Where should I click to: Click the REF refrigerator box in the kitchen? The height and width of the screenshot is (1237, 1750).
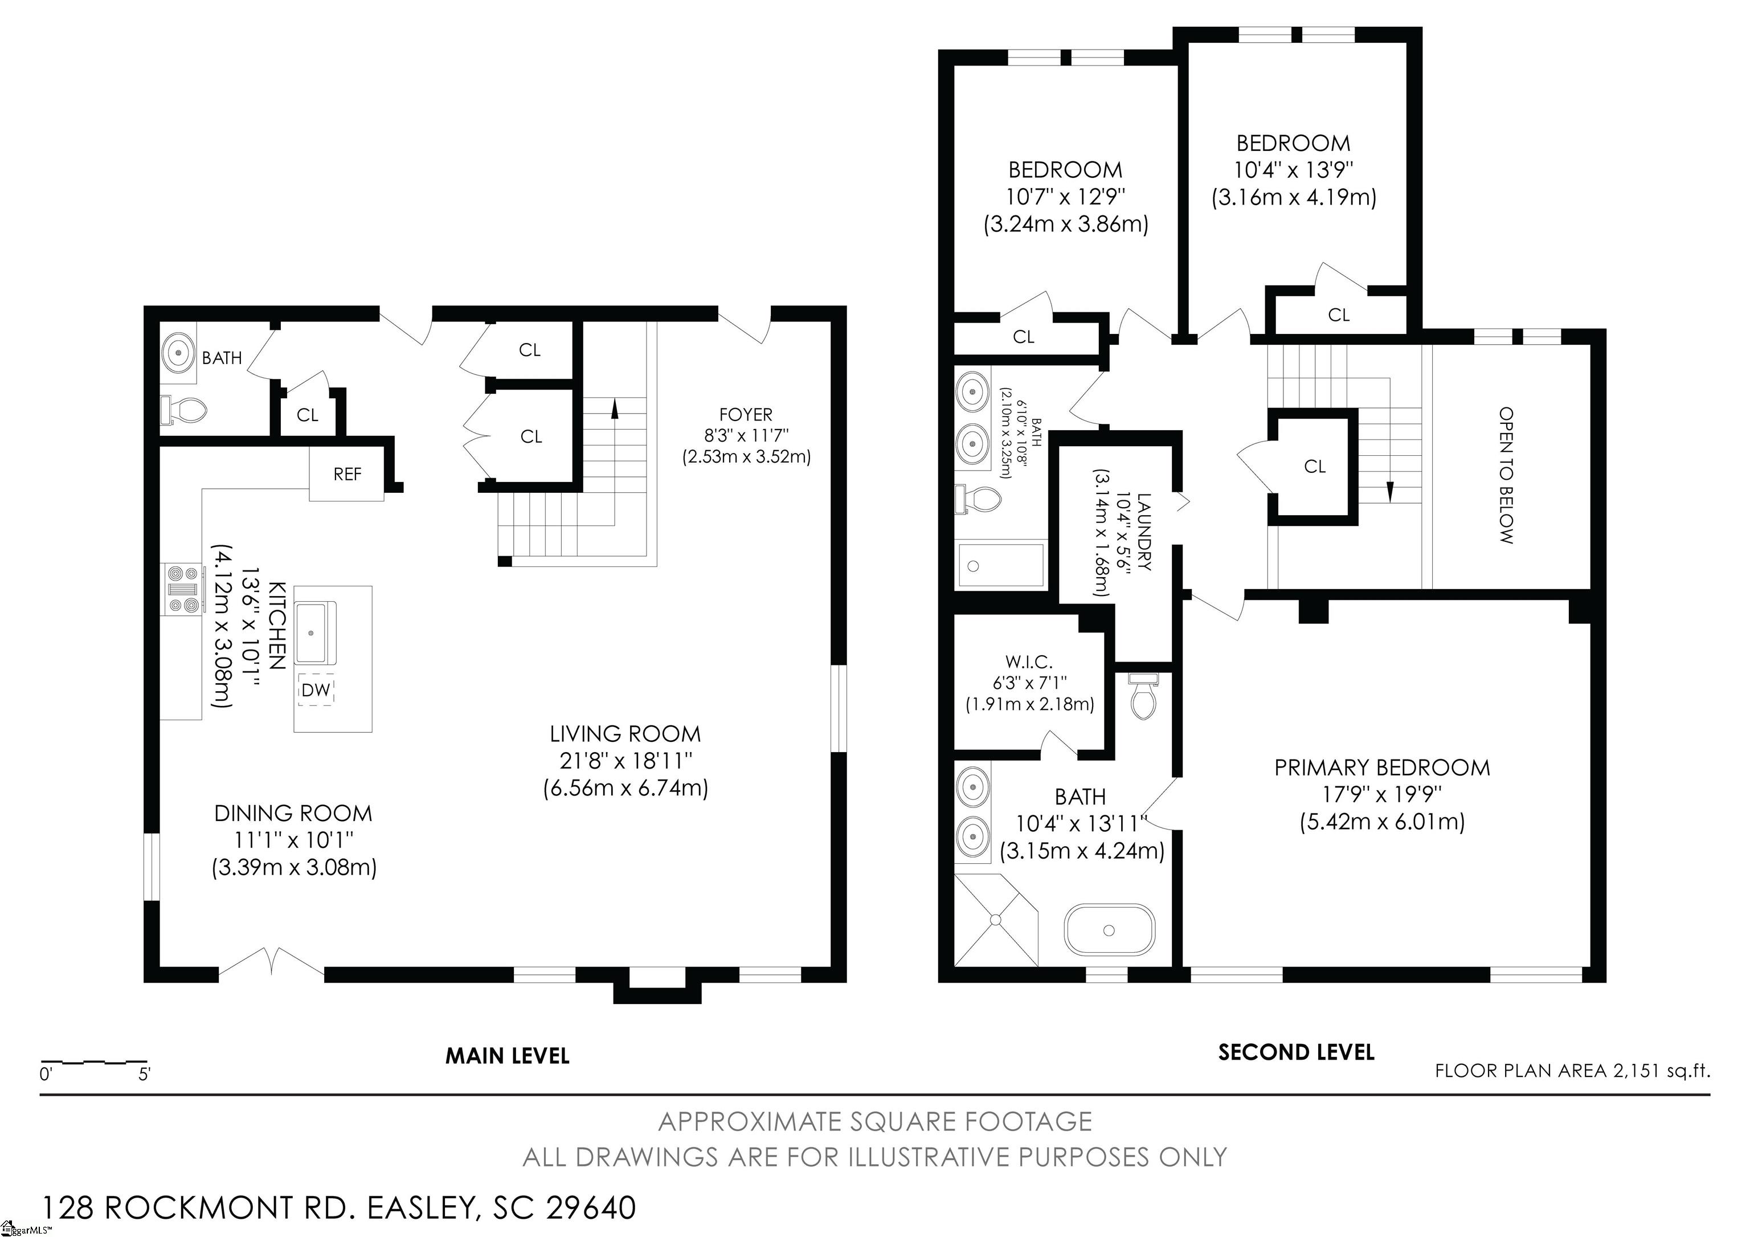coord(347,473)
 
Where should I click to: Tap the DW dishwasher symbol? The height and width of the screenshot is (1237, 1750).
coord(316,690)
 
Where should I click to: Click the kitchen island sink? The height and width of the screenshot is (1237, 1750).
coord(316,632)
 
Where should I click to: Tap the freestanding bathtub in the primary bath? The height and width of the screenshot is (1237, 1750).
coord(1109,930)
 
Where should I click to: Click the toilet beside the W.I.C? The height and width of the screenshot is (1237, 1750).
coord(1143,696)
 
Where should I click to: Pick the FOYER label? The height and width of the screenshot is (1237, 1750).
coord(746,415)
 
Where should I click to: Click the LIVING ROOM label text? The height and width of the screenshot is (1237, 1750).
coord(625,734)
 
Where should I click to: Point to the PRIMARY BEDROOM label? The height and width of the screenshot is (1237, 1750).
coord(1382,767)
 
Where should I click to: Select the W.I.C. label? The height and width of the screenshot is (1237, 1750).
coord(1029,662)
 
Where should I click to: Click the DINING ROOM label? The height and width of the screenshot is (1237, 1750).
coord(293,813)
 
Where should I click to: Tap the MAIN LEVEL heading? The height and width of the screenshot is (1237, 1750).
coord(507,1056)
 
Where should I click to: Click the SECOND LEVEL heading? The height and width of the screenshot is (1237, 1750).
coord(1296,1052)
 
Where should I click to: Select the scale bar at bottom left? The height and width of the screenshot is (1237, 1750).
coord(94,1062)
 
